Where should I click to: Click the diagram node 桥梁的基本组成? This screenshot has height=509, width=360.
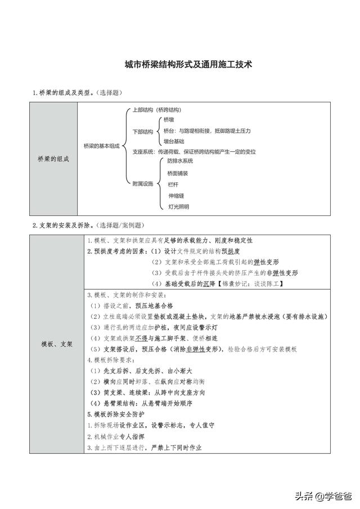(101, 145)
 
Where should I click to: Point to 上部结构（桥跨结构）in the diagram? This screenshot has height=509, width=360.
(156, 110)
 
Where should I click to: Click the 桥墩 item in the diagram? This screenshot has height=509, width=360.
(169, 120)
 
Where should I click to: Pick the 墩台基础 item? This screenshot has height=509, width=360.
(174, 141)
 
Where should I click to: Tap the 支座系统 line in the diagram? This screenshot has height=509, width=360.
(194, 152)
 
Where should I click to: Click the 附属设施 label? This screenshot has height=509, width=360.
(142, 184)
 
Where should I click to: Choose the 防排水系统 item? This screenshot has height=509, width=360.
(181, 161)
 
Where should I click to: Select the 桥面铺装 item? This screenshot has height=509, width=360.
(178, 173)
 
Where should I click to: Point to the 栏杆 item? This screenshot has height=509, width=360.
(173, 184)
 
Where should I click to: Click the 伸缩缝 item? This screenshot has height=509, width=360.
(176, 196)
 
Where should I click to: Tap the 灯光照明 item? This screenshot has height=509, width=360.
(179, 207)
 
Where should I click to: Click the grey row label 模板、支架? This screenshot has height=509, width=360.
(57, 344)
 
